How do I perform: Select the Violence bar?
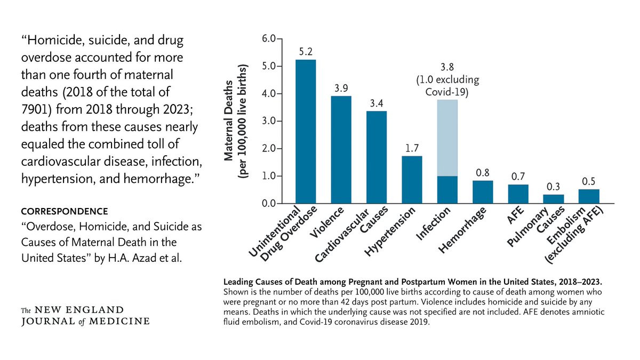(341, 150)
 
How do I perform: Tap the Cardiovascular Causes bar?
(377, 157)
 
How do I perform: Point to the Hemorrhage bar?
(483, 192)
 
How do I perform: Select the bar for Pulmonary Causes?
(554, 199)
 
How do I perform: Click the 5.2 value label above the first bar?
(305, 52)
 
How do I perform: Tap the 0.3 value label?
(553, 186)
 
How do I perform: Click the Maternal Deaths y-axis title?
(235, 122)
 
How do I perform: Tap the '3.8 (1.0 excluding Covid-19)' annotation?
(447, 80)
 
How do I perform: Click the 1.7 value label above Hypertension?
(412, 148)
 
